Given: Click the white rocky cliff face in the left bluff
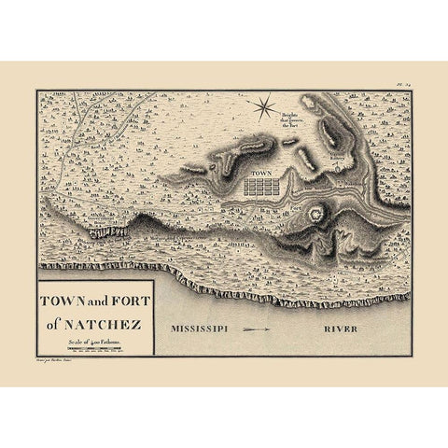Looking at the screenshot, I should [x=103, y=231].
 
